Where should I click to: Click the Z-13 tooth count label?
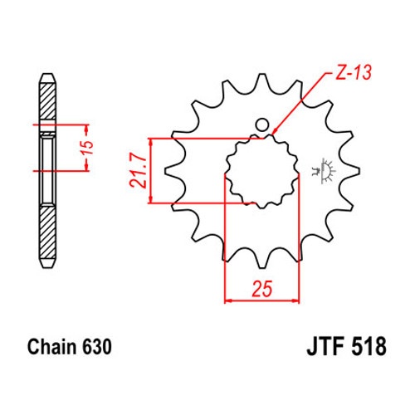pyautogui.click(x=354, y=73)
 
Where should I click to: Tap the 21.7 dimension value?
pyautogui.click(x=138, y=171)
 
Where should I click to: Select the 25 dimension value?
pyautogui.click(x=261, y=289)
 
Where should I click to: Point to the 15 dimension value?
pyautogui.click(x=88, y=148)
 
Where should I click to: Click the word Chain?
pyautogui.click(x=51, y=347)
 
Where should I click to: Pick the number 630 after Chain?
pyautogui.click(x=97, y=347)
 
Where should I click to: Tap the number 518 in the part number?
pyautogui.click(x=369, y=346)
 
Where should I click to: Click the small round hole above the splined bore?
pyautogui.click(x=261, y=125)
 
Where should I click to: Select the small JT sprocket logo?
pyautogui.click(x=324, y=171)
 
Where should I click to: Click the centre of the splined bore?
pyautogui.click(x=262, y=171)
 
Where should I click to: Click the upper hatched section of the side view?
pyautogui.click(x=47, y=101)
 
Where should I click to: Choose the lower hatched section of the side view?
pyautogui.click(x=47, y=232)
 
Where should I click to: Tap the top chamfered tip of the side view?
pyautogui.click(x=47, y=78)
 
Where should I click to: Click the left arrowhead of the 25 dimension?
pyautogui.click(x=228, y=300)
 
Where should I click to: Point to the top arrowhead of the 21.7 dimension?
pyautogui.click(x=150, y=142)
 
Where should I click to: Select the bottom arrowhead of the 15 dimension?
pyautogui.click(x=86, y=167)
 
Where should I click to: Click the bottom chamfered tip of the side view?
pyautogui.click(x=47, y=264)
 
